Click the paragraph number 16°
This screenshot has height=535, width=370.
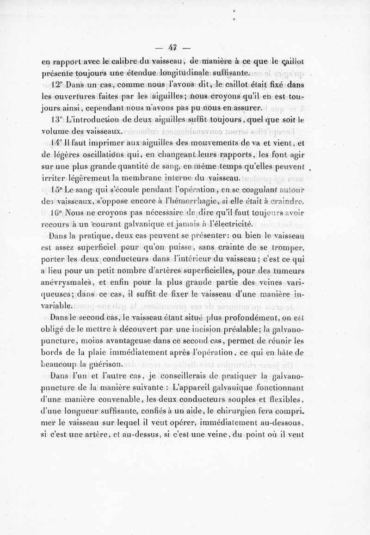pos(57,214)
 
